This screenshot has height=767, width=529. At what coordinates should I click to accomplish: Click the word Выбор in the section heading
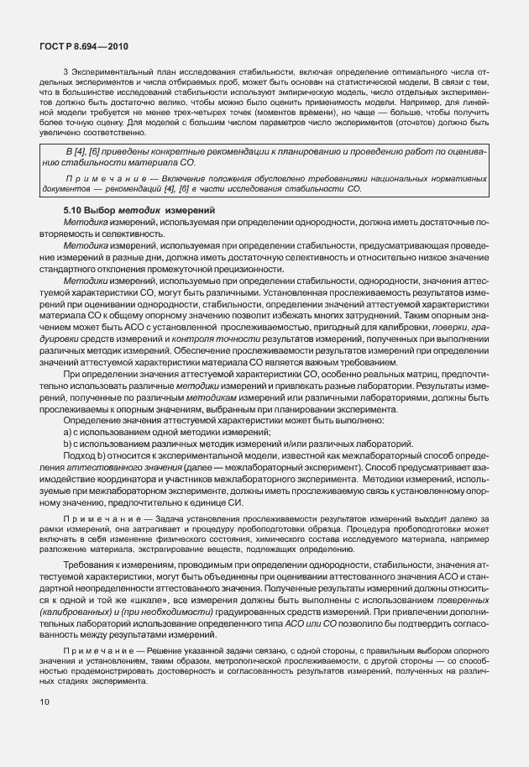click(x=103, y=209)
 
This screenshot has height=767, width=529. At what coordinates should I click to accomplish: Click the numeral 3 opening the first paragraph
click(x=65, y=72)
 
